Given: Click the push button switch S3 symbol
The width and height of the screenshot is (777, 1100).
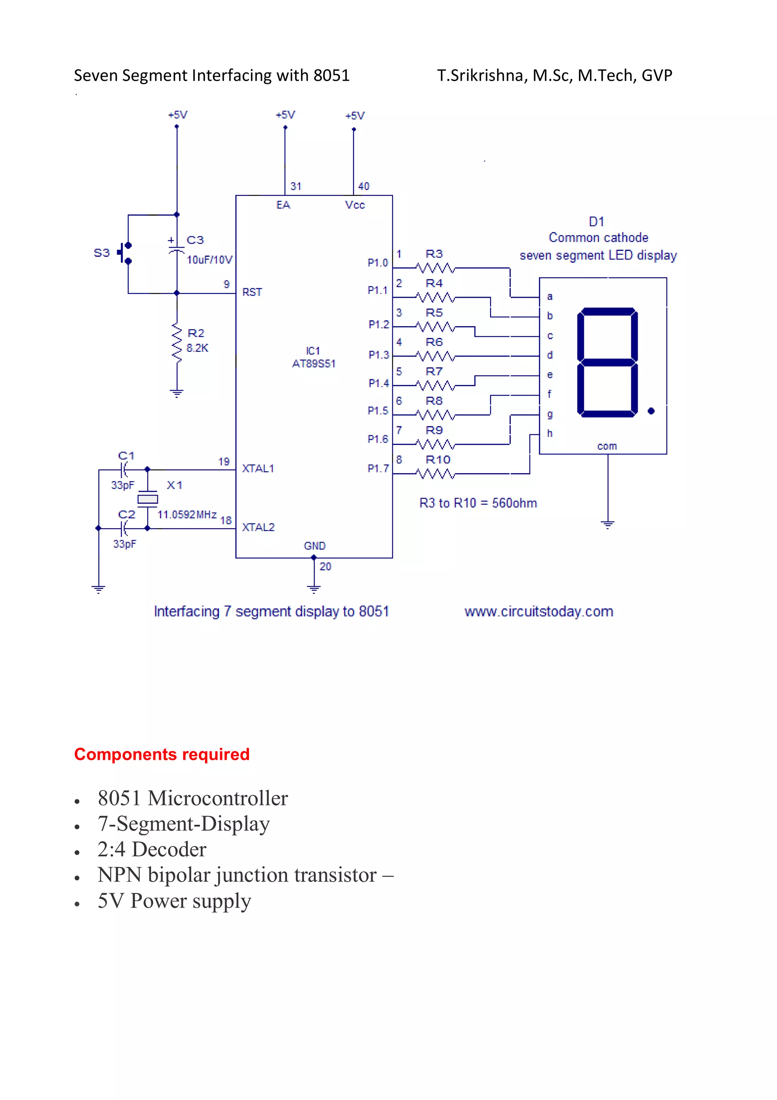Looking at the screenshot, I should (x=126, y=253).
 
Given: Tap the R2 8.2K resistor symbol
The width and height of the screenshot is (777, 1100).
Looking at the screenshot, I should (x=177, y=343).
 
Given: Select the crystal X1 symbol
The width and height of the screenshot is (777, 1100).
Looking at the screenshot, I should (x=148, y=499).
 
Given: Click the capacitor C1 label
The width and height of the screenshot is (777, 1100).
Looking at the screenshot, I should (x=126, y=456).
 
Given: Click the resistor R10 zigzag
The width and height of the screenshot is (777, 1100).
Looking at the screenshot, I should (x=435, y=474).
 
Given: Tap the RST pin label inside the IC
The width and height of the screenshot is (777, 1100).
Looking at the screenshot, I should (x=252, y=292).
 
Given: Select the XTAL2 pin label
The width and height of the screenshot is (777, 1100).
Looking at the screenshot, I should (x=258, y=527).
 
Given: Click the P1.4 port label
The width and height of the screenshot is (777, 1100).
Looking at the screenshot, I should (x=379, y=383).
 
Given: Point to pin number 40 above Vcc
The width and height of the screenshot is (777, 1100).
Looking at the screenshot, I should (x=364, y=186).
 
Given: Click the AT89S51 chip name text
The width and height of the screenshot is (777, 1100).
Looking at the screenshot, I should (x=314, y=364).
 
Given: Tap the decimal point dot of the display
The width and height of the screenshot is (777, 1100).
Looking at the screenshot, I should (x=651, y=411).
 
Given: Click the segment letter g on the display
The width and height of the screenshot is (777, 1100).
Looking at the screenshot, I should (x=550, y=414).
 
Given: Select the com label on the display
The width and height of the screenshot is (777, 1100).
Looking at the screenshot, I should (x=607, y=446).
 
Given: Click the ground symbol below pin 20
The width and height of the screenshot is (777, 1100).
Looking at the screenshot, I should (x=314, y=589).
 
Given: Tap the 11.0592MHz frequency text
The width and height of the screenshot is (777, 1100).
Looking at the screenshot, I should (x=187, y=514).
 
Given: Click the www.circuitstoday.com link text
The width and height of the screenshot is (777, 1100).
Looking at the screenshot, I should (x=539, y=612).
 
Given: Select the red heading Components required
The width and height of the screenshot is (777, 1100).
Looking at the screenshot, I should (x=162, y=754).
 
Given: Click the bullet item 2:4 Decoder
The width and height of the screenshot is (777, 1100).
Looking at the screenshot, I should (x=152, y=849).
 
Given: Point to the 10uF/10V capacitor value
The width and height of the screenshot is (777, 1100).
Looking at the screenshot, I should (x=209, y=260).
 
